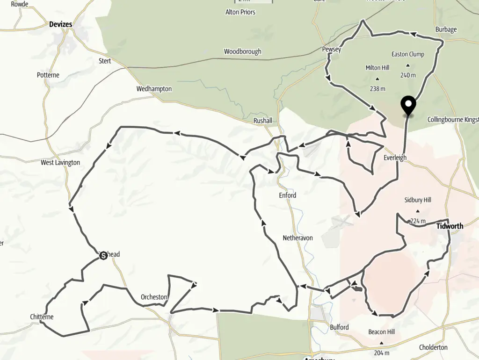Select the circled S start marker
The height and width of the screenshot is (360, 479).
coord(103,255)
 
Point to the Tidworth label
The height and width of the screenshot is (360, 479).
coord(450,226)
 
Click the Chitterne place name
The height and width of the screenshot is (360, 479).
coord(42,317)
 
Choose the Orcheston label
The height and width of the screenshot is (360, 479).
coord(154,297)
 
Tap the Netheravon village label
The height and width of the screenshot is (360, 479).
coord(298,238)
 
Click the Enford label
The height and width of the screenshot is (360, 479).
coord(288,195)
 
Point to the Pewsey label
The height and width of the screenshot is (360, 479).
coord(331,49)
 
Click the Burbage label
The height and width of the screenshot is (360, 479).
coord(446,29)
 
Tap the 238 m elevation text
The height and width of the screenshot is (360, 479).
coord(377,89)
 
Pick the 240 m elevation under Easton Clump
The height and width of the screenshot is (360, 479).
coord(408,75)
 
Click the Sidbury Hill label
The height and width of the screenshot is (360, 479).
coord(418,200)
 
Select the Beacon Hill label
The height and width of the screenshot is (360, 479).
coord(382,332)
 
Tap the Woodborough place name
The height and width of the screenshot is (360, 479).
coord(242,51)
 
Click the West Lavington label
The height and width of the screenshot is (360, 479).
coord(60,163)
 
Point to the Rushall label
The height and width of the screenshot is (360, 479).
coord(263,120)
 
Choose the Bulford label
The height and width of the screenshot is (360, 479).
coord(339,327)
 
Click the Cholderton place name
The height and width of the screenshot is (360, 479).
coord(433,347)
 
